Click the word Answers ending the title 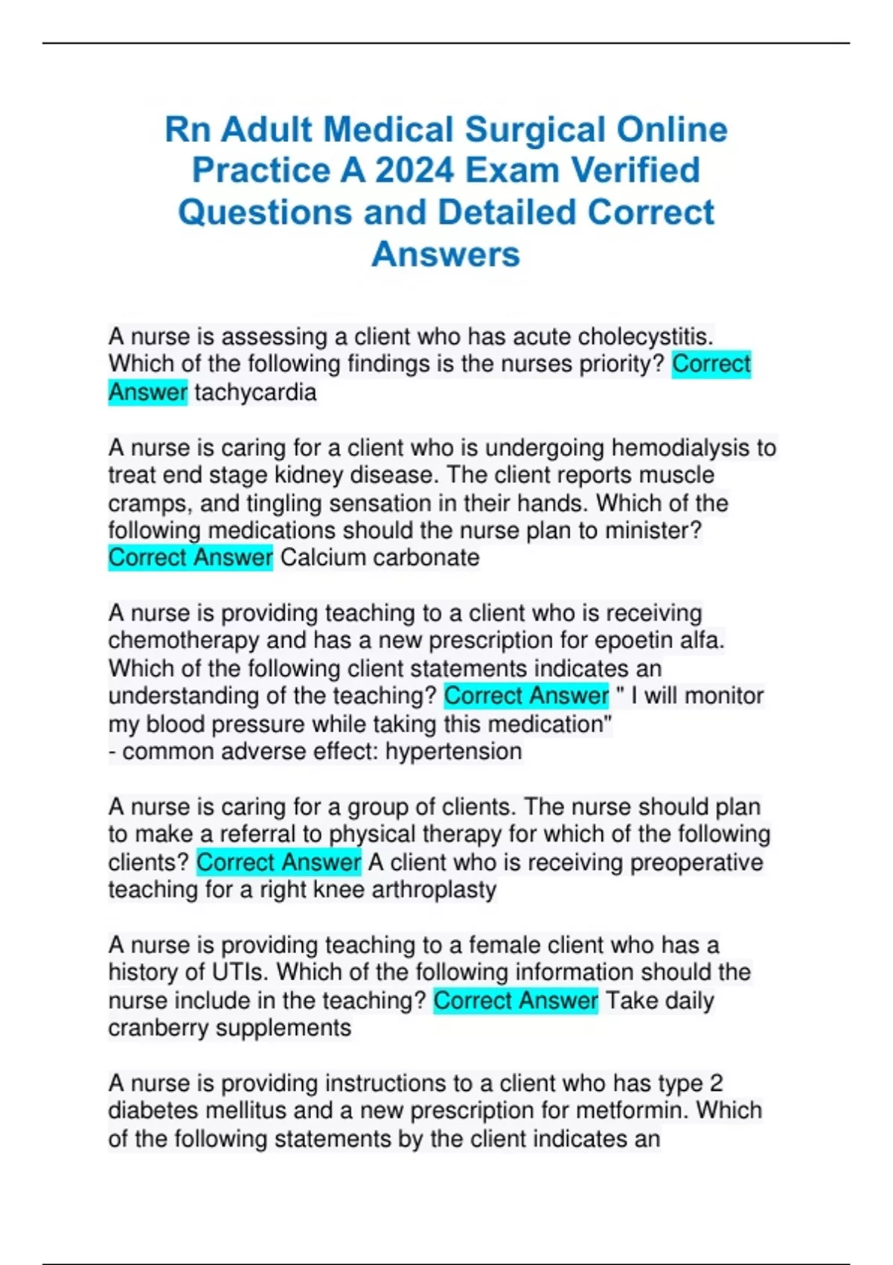pyautogui.click(x=446, y=254)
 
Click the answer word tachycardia pyautogui.click(x=255, y=392)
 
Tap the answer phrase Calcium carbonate pyautogui.click(x=380, y=557)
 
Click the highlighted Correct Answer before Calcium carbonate pyautogui.click(x=191, y=557)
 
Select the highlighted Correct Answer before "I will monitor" pyautogui.click(x=526, y=696)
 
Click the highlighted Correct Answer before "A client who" pyautogui.click(x=278, y=862)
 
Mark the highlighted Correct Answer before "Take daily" pyautogui.click(x=515, y=1001)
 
